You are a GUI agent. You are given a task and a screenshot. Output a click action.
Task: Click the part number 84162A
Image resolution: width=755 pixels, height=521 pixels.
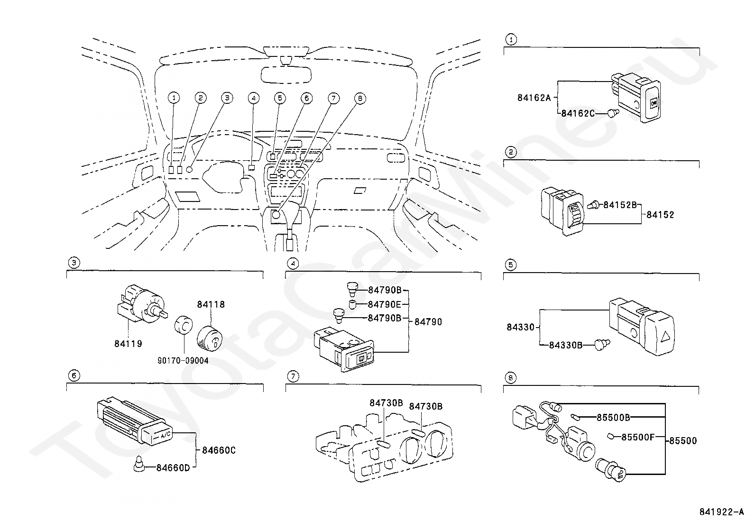pyautogui.click(x=534, y=98)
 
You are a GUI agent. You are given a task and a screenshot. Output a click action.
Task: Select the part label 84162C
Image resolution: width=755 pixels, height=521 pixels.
pyautogui.click(x=578, y=113)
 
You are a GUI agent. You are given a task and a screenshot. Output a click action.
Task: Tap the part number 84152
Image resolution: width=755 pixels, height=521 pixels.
pyautogui.click(x=660, y=215)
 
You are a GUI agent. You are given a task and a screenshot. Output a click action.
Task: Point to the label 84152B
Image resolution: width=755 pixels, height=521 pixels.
pyautogui.click(x=620, y=205)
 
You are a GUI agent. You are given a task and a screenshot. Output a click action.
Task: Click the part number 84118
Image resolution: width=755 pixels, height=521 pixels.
pyautogui.click(x=211, y=304)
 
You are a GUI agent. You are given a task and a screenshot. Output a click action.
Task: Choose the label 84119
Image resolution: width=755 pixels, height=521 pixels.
pyautogui.click(x=128, y=344)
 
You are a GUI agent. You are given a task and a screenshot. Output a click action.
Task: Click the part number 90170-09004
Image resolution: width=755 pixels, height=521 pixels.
pyautogui.click(x=183, y=361)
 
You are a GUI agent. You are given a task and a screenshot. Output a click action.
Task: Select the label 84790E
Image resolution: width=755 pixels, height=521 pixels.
pyautogui.click(x=385, y=305)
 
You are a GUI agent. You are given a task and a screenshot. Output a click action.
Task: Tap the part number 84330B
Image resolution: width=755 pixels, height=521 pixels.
pyautogui.click(x=566, y=345)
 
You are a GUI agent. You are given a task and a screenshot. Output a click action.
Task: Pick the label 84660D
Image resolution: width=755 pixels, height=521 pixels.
pyautogui.click(x=173, y=468)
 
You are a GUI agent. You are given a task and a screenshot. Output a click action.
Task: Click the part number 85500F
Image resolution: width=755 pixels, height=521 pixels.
pyautogui.click(x=638, y=437)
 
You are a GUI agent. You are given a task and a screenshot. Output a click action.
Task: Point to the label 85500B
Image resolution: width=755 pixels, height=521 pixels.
pyautogui.click(x=613, y=418)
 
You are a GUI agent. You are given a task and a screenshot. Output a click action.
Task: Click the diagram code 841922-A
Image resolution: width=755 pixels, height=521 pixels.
pyautogui.click(x=722, y=512)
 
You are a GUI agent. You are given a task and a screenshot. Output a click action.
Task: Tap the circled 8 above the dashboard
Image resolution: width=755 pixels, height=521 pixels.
pyautogui.click(x=360, y=99)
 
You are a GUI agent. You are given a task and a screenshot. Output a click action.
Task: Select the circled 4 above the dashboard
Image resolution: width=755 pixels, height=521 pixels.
pyautogui.click(x=253, y=98)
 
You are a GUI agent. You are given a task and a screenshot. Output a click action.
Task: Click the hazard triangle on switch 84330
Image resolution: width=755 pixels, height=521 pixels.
pyautogui.click(x=666, y=336)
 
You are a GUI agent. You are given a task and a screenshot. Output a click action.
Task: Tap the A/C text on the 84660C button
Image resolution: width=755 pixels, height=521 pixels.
pyautogui.click(x=166, y=435)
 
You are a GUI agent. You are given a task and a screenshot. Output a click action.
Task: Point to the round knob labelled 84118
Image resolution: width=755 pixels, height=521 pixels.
pyautogui.click(x=210, y=338)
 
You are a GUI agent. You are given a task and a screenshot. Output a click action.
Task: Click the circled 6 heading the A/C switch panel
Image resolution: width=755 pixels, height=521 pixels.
pyautogui.click(x=74, y=375)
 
